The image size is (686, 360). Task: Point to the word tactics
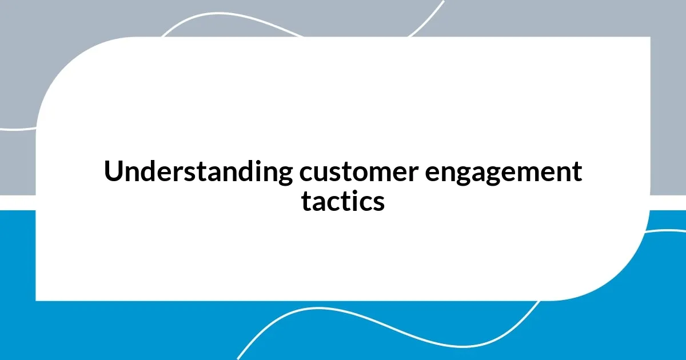click(343, 202)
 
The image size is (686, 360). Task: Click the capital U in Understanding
click(112, 171)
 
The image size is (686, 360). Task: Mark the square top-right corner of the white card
click(649, 38)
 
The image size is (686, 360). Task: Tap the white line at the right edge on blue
click(669, 231)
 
